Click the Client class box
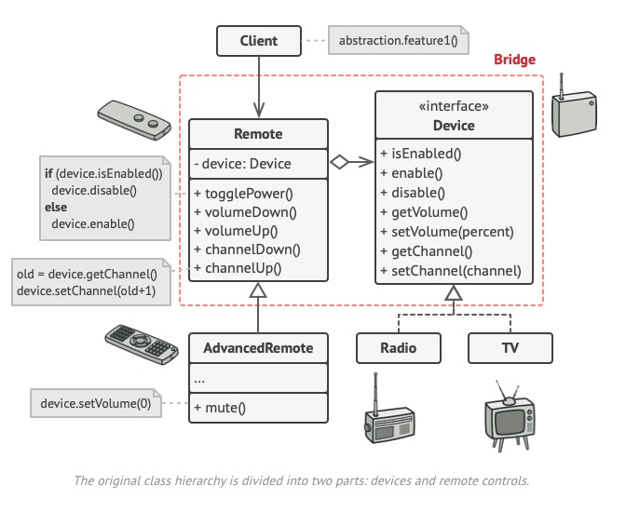258,41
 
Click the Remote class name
258,134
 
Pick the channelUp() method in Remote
238,268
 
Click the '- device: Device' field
243,164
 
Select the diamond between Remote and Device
340,164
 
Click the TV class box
510,348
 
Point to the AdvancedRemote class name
258,348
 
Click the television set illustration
510,413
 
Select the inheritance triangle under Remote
258,292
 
